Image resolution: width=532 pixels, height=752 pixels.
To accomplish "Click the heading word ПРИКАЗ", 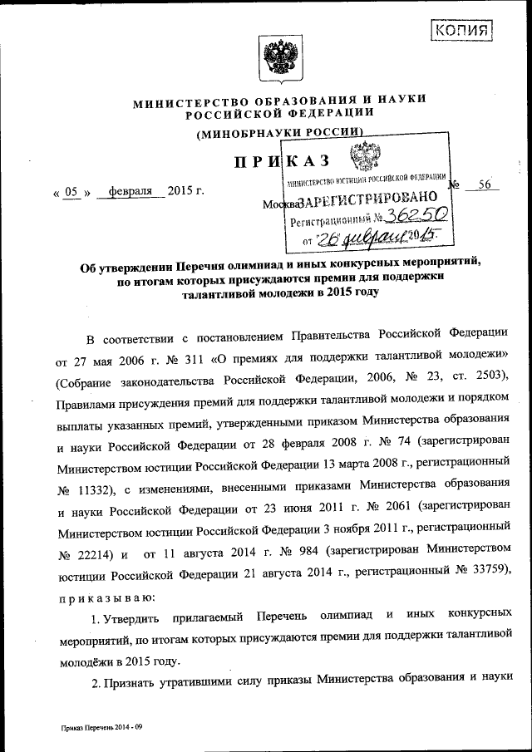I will [283, 160].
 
